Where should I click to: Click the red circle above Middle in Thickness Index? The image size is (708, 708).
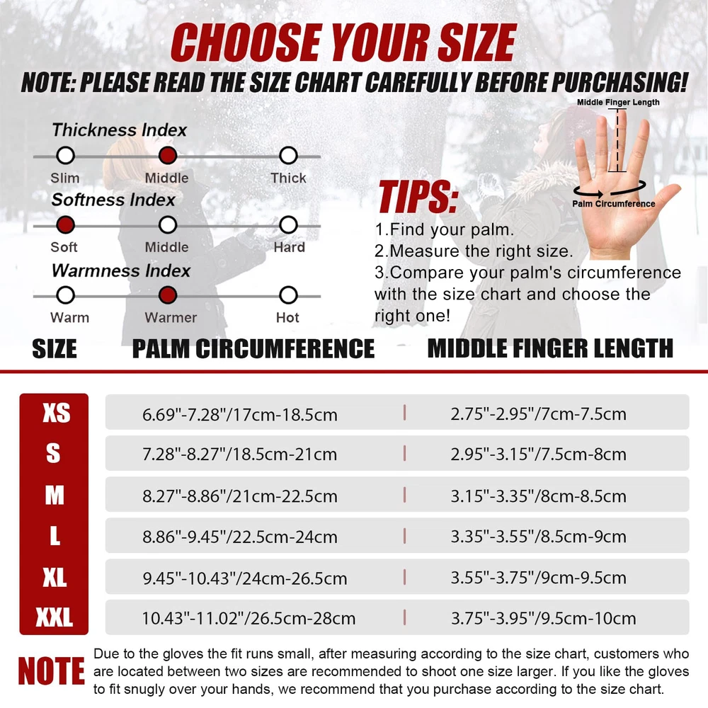(x=168, y=155)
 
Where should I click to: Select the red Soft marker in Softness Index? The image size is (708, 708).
(x=65, y=225)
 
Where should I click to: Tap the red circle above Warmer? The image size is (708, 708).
(x=168, y=295)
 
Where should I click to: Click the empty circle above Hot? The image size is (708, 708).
(x=288, y=295)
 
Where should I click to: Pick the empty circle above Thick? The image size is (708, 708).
(x=288, y=155)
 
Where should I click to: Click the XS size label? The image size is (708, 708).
(x=57, y=413)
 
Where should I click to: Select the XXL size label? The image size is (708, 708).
(x=55, y=617)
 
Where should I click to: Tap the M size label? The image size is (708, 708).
(x=55, y=496)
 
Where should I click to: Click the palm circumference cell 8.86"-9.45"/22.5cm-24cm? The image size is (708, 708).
(x=240, y=537)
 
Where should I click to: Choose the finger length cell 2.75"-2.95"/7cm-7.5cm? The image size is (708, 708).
(x=538, y=413)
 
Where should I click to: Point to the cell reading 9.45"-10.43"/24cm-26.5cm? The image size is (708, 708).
(x=245, y=578)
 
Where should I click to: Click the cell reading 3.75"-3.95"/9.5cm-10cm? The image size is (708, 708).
(x=543, y=618)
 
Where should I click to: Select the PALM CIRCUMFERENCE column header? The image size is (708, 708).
(x=253, y=348)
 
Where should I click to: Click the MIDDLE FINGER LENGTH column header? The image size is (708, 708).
(x=550, y=348)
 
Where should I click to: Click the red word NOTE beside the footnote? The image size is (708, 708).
(x=51, y=671)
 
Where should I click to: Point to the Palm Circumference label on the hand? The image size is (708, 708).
(x=613, y=204)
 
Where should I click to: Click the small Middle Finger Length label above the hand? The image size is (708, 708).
(x=618, y=102)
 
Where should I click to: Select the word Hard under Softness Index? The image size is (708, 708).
(x=290, y=247)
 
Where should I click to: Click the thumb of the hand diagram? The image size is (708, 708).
(x=664, y=199)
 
